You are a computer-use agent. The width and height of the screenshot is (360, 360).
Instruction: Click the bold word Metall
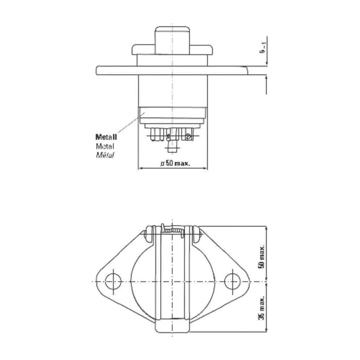(106, 137)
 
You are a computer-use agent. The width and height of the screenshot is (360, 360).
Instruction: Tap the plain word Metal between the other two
(105, 147)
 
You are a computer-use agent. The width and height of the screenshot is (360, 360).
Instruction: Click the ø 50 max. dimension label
(175, 163)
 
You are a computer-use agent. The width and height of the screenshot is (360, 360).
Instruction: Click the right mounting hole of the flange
(233, 281)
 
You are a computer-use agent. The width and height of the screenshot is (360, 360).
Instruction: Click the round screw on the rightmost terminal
(188, 136)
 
